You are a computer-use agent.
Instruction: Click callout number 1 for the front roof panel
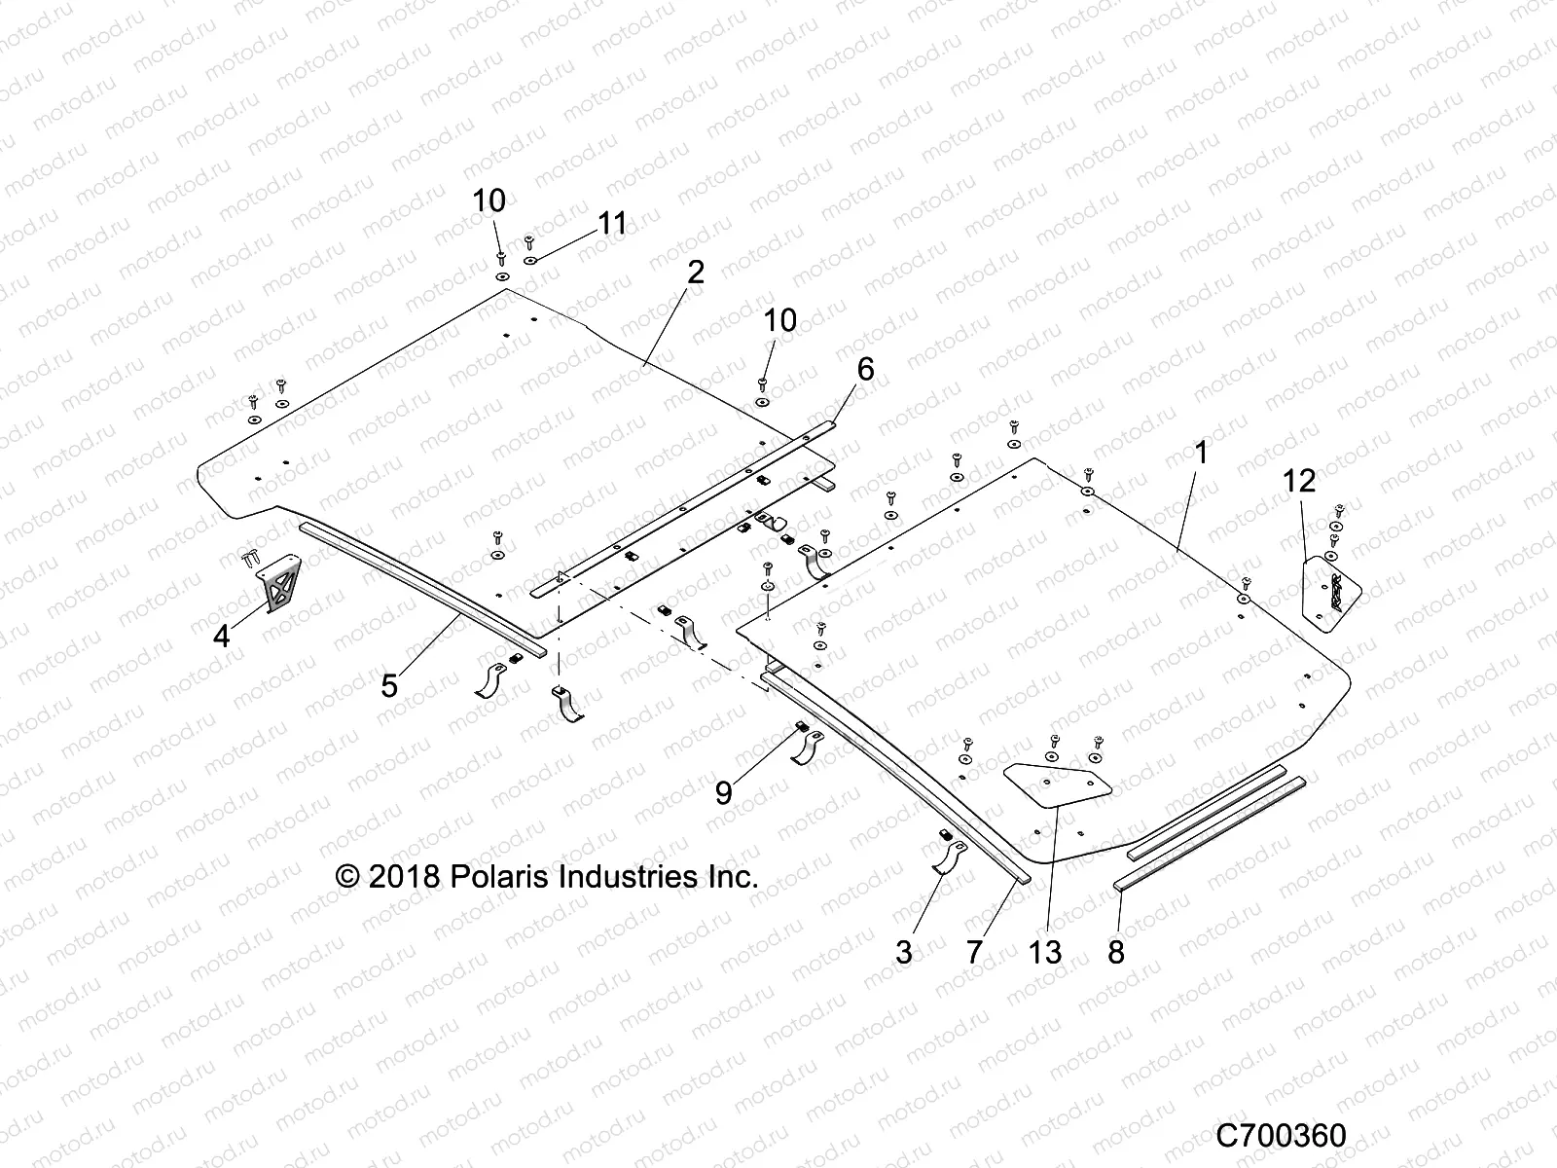click(1201, 453)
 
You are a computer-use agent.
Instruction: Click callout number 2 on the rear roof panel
click(695, 273)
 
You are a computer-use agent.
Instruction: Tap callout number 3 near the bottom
click(904, 951)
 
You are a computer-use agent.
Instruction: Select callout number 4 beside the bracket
click(222, 637)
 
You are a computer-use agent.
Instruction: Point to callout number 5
click(389, 686)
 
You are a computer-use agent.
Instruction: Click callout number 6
click(865, 370)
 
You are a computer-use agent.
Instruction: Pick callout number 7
click(976, 951)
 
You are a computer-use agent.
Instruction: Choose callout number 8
click(1116, 951)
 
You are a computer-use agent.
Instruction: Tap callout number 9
click(723, 793)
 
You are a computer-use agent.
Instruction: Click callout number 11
click(639, 224)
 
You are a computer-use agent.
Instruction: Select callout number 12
click(1299, 481)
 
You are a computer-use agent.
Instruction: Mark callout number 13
click(1045, 951)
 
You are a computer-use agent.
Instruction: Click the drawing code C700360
click(1282, 1136)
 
